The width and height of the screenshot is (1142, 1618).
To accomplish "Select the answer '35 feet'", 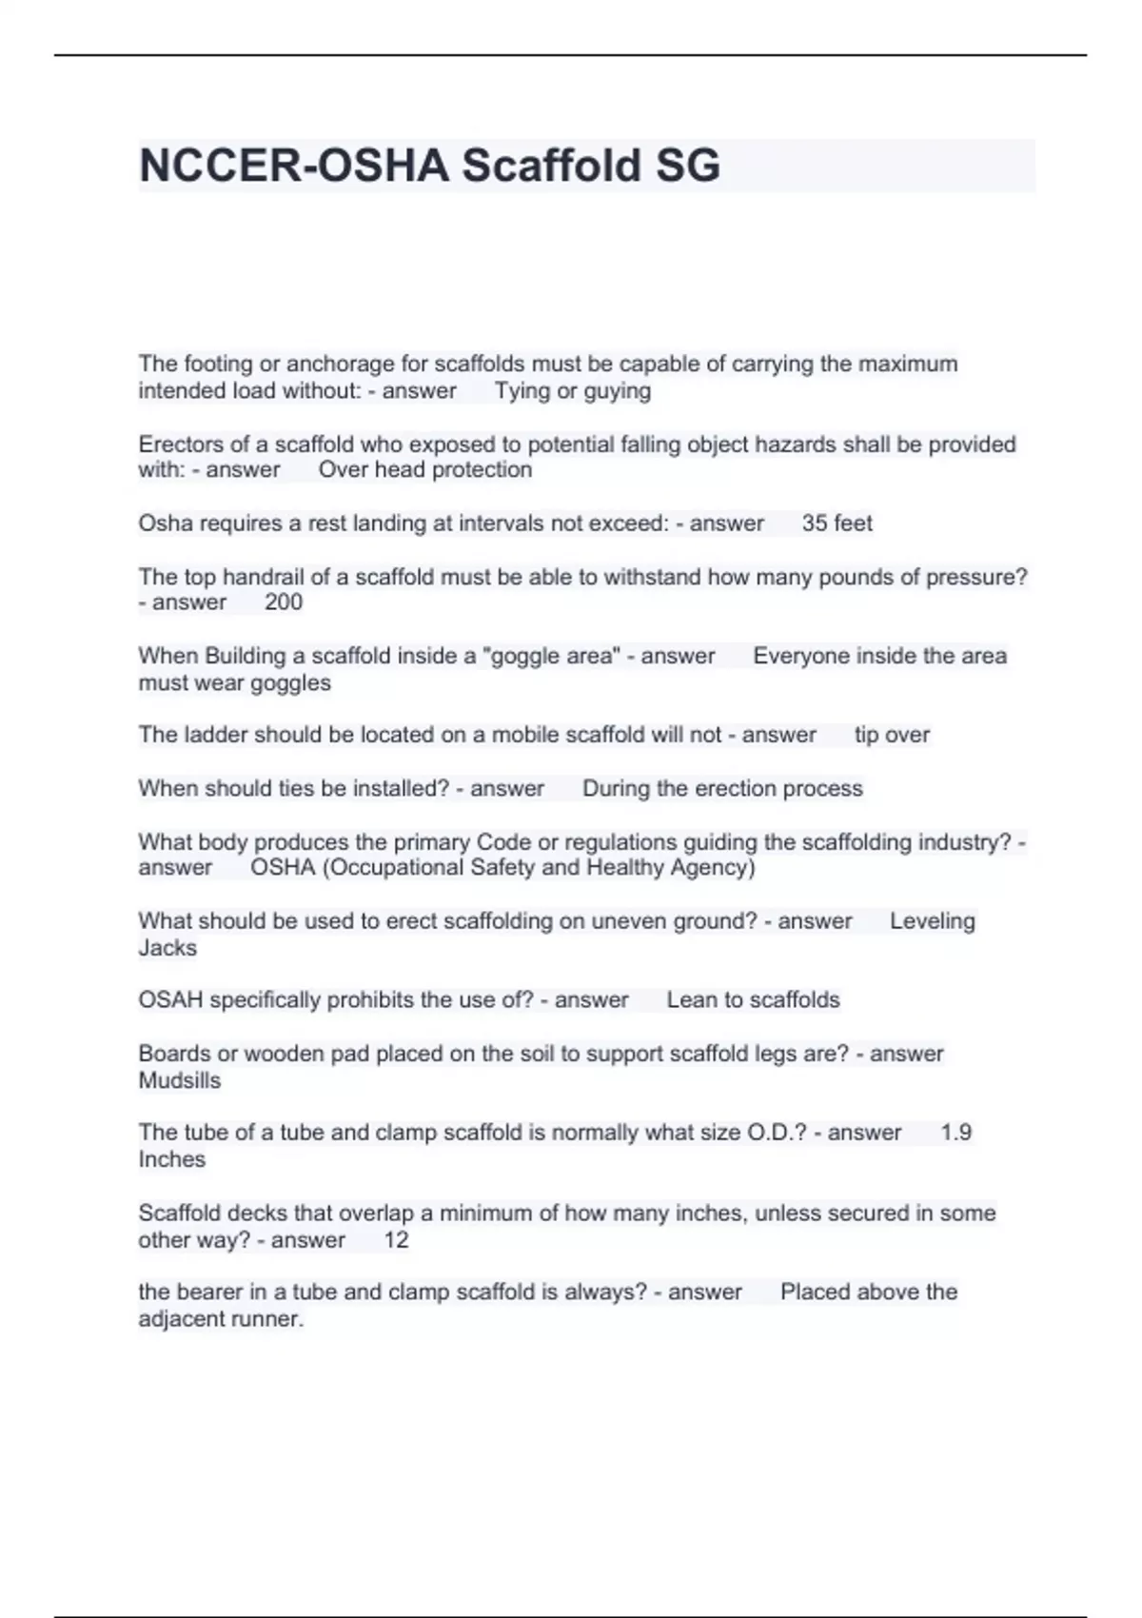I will click(x=837, y=523).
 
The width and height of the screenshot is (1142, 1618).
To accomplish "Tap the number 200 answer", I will click(x=284, y=602).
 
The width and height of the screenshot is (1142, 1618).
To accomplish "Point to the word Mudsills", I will click(x=180, y=1081).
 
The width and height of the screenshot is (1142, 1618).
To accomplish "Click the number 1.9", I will click(x=955, y=1133).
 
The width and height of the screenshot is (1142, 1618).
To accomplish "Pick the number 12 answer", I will click(x=396, y=1240).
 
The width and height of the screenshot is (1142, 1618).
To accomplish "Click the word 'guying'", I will click(x=618, y=391).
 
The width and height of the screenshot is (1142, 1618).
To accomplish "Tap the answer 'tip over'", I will click(x=892, y=735).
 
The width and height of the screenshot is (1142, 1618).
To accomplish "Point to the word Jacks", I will click(x=167, y=948).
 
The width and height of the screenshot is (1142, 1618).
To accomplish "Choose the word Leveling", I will click(x=932, y=921).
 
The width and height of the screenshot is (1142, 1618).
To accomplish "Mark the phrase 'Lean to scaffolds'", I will click(x=753, y=1000).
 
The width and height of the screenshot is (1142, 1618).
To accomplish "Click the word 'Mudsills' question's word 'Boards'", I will click(x=171, y=1054).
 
